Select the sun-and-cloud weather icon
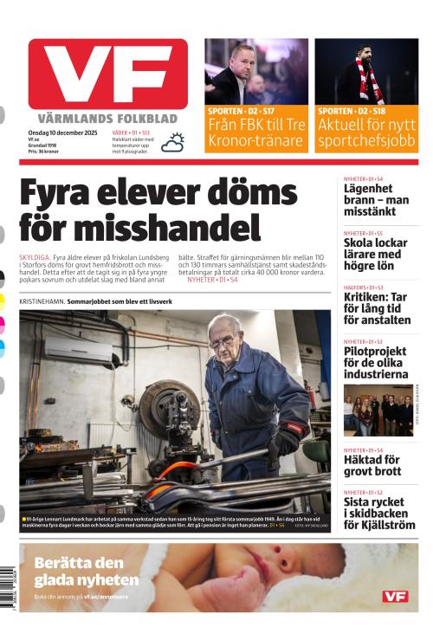point(173,142)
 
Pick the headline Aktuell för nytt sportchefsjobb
point(366,132)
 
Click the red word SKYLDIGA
point(34,258)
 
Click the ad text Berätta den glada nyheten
point(86,572)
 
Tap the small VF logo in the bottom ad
point(394,597)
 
